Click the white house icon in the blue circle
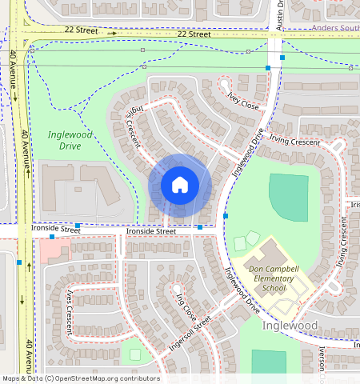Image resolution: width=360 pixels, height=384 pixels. [x=180, y=185]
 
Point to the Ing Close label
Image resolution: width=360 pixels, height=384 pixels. [x=186, y=306]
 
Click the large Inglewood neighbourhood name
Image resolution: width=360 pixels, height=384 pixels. [x=290, y=326]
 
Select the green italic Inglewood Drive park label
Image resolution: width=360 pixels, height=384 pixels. [x=70, y=140]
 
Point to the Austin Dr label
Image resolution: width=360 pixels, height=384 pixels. [x=280, y=14]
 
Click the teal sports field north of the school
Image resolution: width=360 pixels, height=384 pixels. [x=288, y=197]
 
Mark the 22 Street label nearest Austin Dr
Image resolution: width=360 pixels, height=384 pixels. [x=194, y=34]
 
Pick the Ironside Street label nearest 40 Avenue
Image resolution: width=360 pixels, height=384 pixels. [x=56, y=230]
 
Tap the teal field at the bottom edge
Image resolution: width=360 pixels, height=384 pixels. [x=268, y=364]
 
